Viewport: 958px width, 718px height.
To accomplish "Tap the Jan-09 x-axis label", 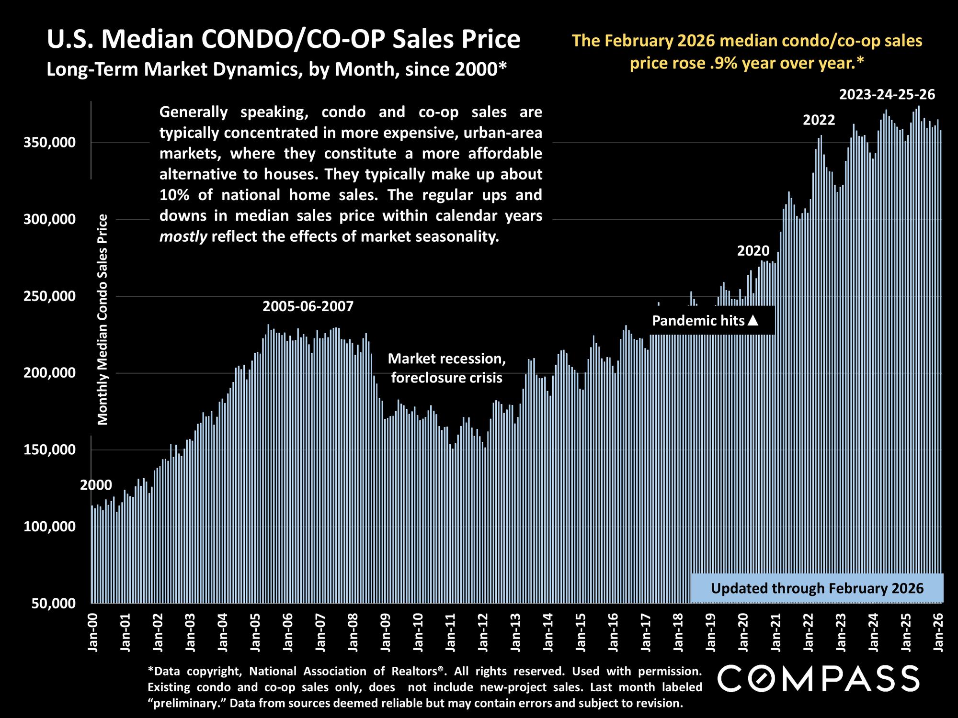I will (385, 631).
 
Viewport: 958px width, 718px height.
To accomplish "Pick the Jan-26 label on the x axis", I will (938, 631).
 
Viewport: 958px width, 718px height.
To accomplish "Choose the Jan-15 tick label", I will (581, 631).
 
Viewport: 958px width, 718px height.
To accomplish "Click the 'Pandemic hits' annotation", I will (698, 320).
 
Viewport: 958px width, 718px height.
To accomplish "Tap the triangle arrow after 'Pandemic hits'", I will (753, 320).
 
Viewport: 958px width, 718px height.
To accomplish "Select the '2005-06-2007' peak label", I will (308, 306).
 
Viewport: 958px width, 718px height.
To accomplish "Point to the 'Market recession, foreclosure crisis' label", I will (446, 368).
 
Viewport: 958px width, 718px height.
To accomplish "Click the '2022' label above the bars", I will (819, 120).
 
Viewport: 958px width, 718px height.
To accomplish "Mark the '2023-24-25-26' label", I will (887, 95).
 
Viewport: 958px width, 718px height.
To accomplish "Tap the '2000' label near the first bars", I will (96, 485).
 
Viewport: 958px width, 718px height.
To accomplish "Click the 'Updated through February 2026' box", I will (817, 588).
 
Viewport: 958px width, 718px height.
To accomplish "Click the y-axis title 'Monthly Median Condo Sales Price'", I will (103, 320).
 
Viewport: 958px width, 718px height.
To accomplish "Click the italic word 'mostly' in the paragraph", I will (183, 236).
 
